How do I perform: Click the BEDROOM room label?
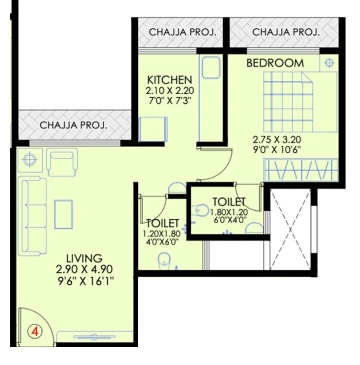point(275,63)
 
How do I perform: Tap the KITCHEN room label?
point(170,80)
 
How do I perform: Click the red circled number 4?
point(35,331)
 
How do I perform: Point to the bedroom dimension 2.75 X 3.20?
point(276,139)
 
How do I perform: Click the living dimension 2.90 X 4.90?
point(85,269)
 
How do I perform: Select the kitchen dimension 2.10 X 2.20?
point(169,90)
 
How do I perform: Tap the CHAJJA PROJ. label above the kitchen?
point(182,32)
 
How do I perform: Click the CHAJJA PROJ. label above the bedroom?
point(286,32)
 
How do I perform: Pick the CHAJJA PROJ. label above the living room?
point(73,124)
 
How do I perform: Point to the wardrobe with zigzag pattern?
point(301,170)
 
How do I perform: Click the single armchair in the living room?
point(62,161)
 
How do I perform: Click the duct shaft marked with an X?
point(291,228)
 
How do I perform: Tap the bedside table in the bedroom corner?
point(329,63)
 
